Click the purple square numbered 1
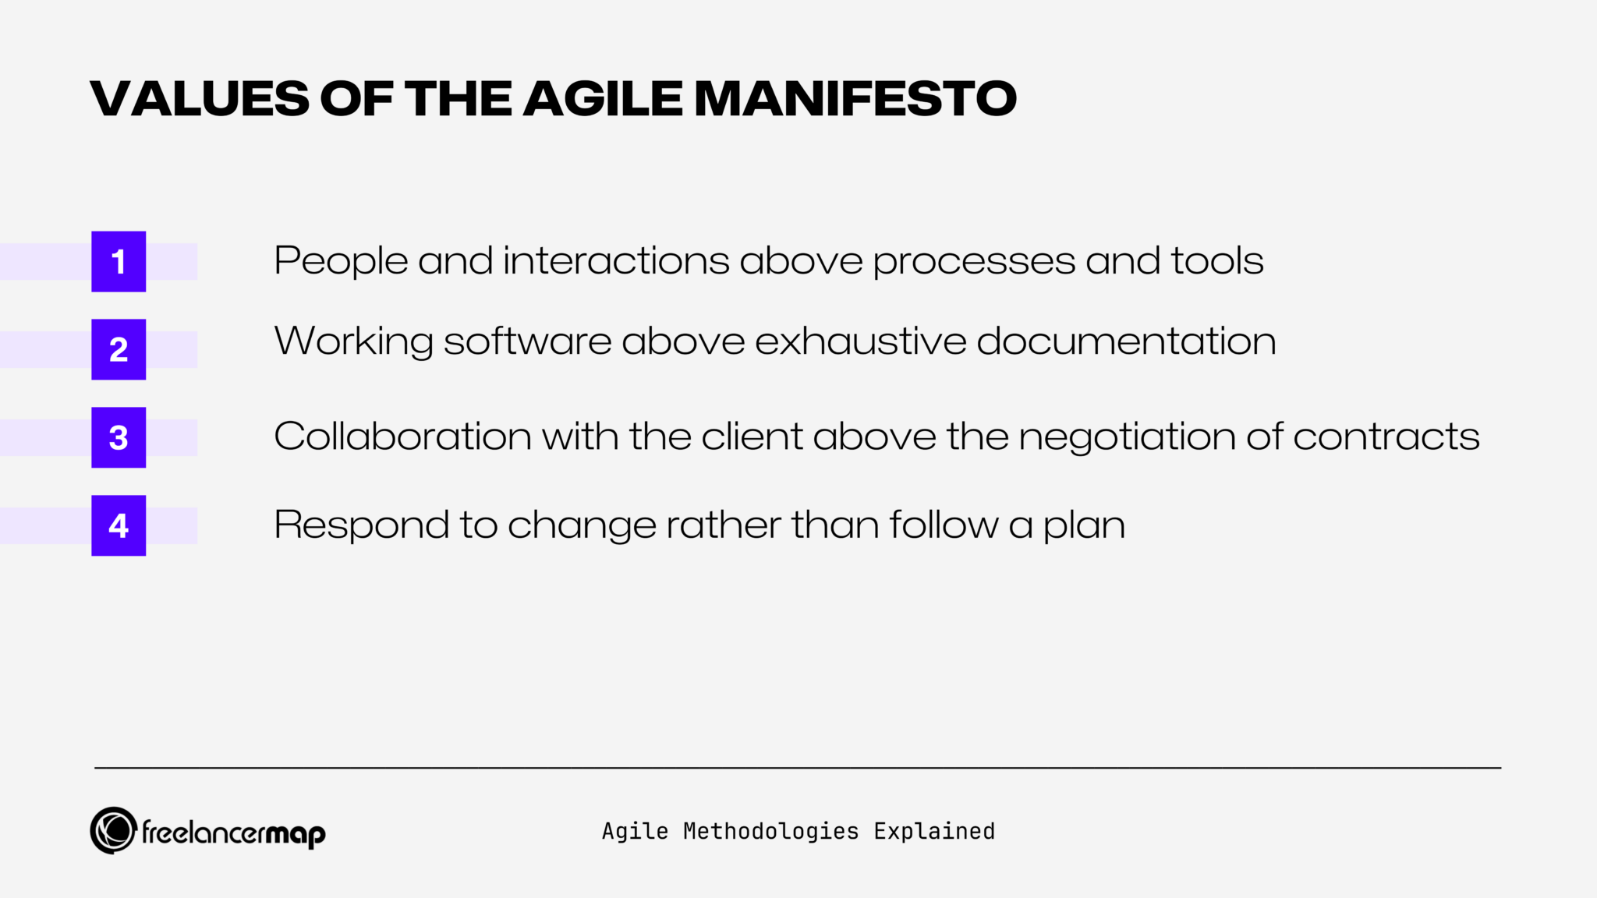coord(119,261)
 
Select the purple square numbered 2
coord(119,349)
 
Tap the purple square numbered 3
coord(119,437)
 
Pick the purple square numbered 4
coord(119,525)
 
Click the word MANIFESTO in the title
coord(855,99)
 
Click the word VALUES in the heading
coord(200,99)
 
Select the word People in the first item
coord(341,261)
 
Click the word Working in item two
coord(353,341)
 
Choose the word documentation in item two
coord(1126,341)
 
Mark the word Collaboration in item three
coord(402,437)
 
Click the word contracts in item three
coord(1386,437)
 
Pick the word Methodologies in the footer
coord(770,832)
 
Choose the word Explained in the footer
coord(934,832)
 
